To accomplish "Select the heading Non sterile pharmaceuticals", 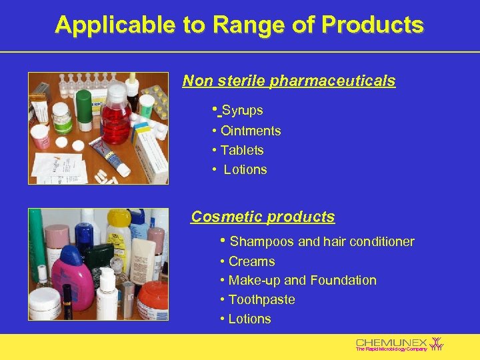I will click(289, 81).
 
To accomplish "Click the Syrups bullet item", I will click(242, 110).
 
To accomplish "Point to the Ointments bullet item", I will click(250, 131).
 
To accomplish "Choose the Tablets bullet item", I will click(242, 150).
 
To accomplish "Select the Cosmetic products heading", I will click(263, 217).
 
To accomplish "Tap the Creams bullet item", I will click(251, 261).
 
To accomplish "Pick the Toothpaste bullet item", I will click(261, 299).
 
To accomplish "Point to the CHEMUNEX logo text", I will click(391, 342).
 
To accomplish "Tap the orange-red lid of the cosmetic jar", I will click(153, 293).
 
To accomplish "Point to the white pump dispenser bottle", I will click(106, 293).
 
